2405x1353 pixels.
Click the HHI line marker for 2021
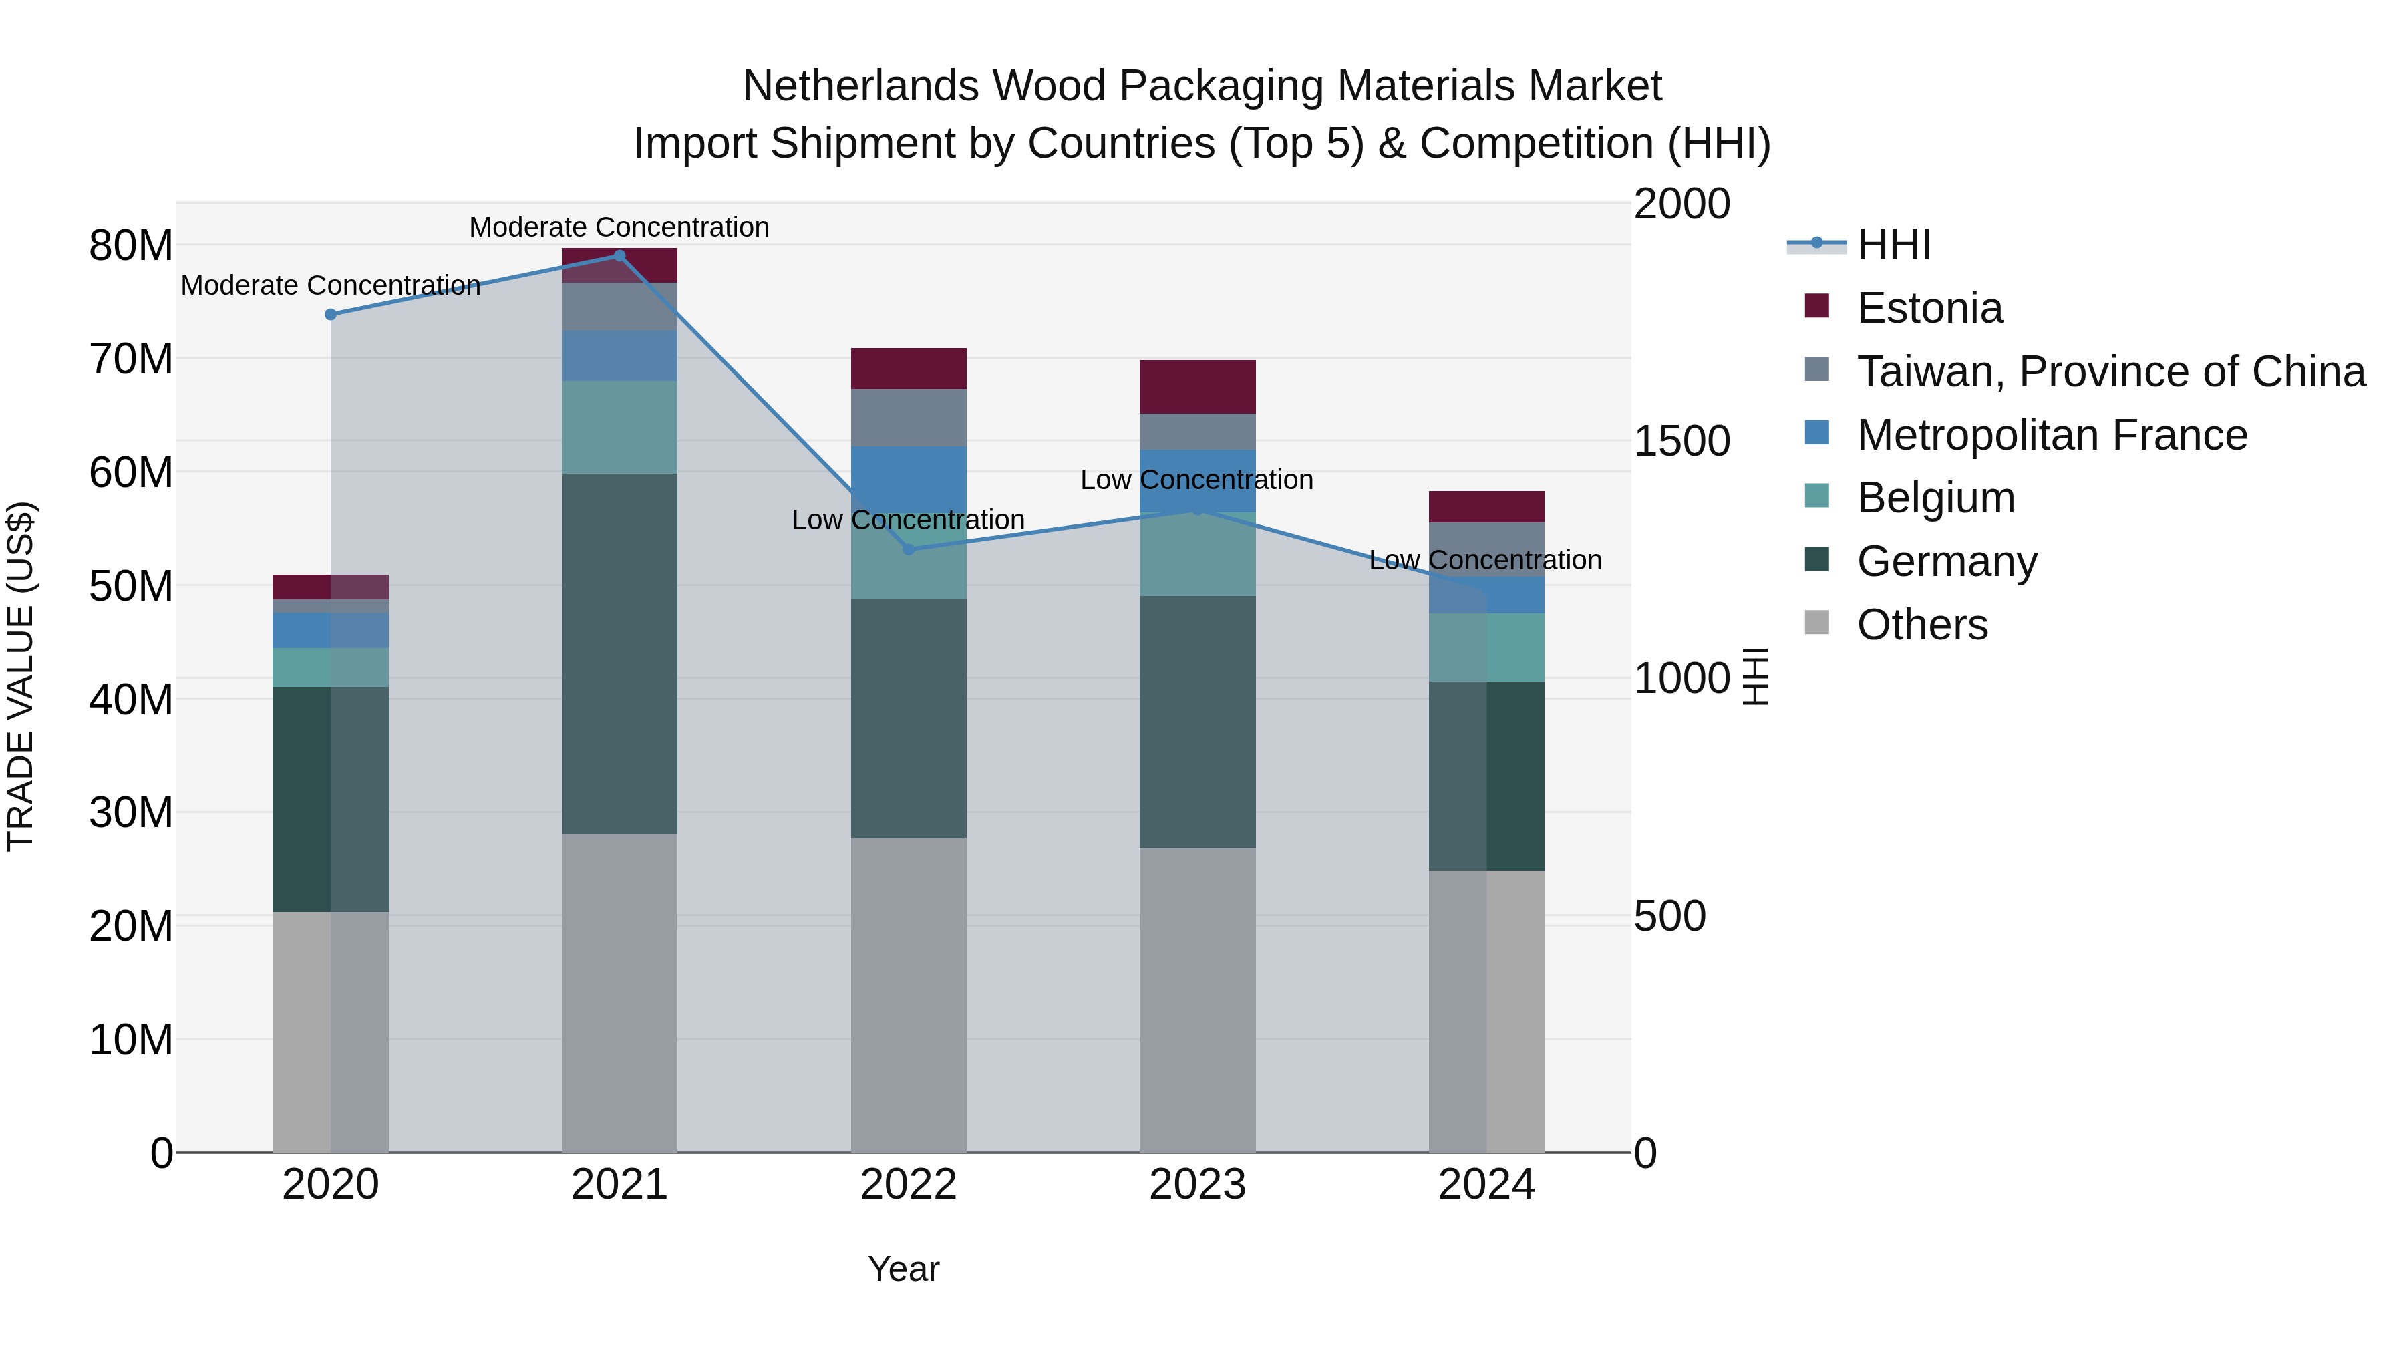(x=619, y=256)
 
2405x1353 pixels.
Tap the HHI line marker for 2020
(x=331, y=315)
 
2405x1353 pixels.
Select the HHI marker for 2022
(x=909, y=549)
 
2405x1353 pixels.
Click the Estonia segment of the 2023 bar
(x=1197, y=387)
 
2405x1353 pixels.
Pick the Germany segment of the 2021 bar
(x=619, y=653)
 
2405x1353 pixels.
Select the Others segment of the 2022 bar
(x=909, y=994)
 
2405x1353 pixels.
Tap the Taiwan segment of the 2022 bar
(x=909, y=418)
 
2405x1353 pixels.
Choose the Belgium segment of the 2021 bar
(x=619, y=427)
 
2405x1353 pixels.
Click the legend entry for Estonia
(x=1929, y=308)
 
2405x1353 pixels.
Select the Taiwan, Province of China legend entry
(x=2110, y=371)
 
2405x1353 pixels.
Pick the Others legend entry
(x=1921, y=625)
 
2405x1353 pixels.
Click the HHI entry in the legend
(x=1893, y=245)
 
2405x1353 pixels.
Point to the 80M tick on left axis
(x=131, y=246)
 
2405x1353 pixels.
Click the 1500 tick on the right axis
(x=1681, y=441)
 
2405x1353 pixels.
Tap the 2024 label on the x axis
(x=1486, y=1185)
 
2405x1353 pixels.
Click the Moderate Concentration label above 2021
(x=619, y=227)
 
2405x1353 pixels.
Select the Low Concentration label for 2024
(x=1484, y=561)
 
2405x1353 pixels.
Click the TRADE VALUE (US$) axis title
(x=21, y=676)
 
